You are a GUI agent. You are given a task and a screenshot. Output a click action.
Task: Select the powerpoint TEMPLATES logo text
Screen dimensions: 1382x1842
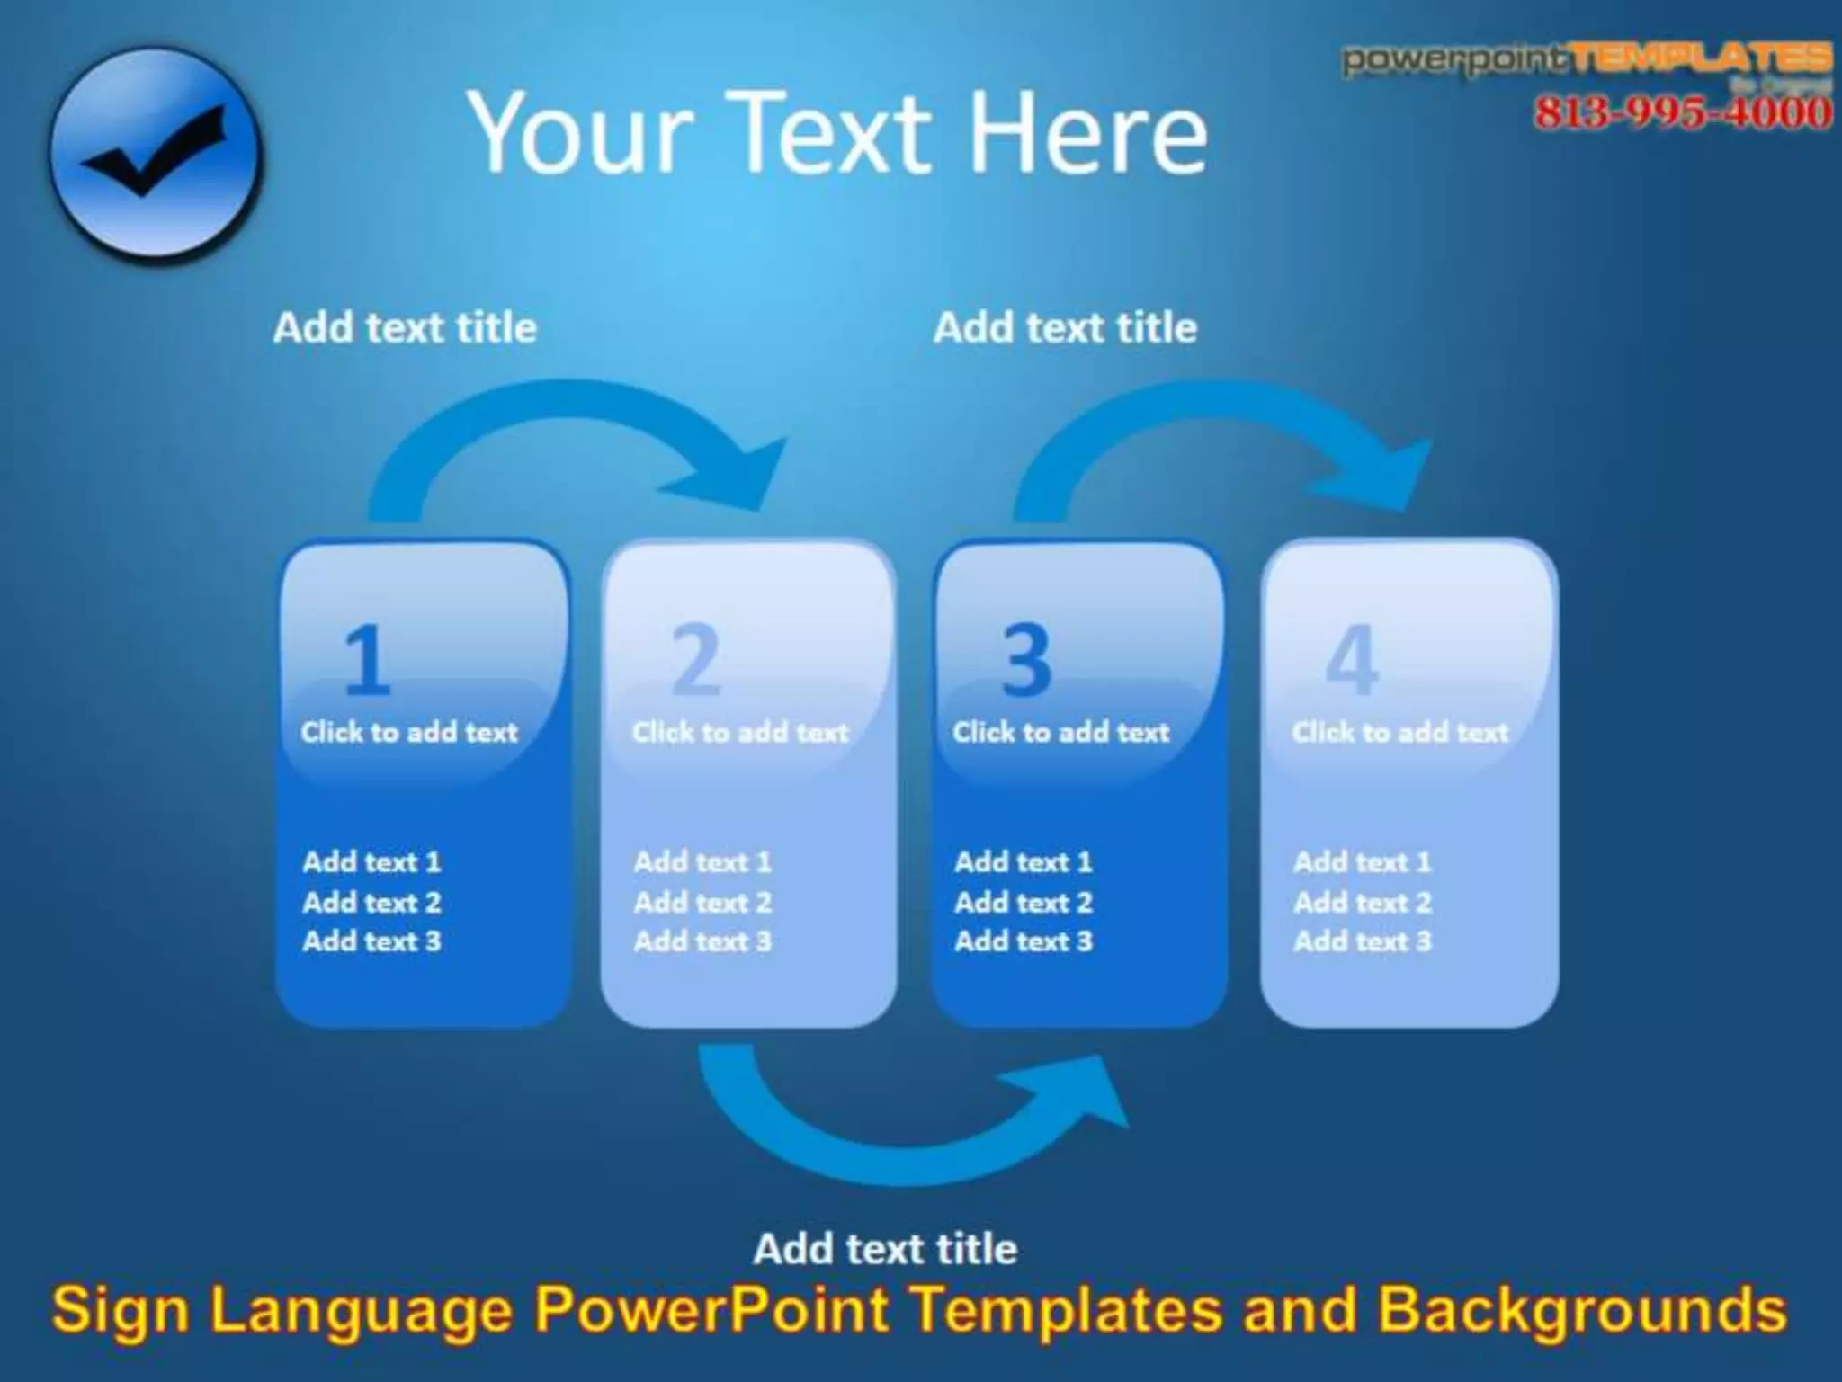coord(1587,59)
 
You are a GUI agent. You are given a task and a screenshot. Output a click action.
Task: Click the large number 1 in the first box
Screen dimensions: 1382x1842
coord(366,661)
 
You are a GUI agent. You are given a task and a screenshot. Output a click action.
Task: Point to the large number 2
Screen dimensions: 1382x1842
coord(696,661)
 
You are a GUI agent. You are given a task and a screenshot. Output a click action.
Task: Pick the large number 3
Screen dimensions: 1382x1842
coord(1026,661)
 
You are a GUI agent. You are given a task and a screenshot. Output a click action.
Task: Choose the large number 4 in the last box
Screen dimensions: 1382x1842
coord(1352,661)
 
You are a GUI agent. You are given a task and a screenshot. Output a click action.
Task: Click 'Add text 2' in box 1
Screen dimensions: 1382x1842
coord(371,902)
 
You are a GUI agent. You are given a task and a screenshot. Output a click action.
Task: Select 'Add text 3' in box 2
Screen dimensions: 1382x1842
coord(702,941)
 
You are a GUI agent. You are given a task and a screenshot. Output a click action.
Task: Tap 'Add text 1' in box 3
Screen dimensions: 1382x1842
coord(1024,862)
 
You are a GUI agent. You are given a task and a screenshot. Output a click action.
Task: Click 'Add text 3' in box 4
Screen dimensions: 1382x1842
coord(1362,941)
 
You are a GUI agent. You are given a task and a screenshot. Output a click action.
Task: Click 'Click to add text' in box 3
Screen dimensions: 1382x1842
coord(1061,732)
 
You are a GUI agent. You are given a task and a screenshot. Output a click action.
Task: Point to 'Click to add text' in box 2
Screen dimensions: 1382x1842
coord(740,732)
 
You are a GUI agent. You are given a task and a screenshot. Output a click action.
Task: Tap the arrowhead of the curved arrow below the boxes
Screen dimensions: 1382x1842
coord(1084,1092)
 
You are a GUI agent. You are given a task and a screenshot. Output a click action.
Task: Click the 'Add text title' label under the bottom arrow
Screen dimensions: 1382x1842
coord(885,1249)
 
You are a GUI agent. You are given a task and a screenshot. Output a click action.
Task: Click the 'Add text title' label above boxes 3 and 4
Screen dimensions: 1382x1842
coord(1065,327)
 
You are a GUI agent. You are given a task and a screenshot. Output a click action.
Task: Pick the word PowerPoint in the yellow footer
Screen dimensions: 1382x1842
coord(711,1310)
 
